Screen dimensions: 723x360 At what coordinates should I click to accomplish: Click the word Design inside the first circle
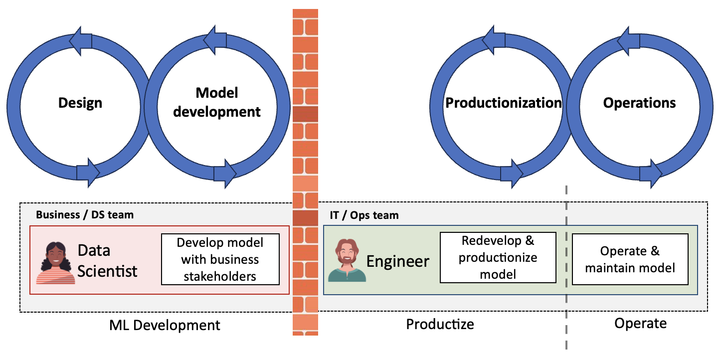click(80, 103)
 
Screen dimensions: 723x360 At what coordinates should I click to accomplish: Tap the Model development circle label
click(217, 102)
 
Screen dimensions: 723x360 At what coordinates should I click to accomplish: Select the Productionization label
click(503, 103)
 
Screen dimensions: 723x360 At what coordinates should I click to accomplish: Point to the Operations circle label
click(639, 103)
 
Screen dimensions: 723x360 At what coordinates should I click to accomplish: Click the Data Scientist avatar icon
click(55, 263)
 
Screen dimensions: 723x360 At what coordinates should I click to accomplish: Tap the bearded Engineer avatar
click(347, 260)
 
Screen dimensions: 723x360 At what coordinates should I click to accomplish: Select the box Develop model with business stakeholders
click(220, 259)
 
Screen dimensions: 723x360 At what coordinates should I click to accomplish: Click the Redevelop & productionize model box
click(498, 257)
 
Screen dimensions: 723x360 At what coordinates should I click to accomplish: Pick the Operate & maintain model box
click(630, 259)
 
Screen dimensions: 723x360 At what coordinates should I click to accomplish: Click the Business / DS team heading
click(85, 215)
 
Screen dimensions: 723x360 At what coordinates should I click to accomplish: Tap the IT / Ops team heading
click(364, 215)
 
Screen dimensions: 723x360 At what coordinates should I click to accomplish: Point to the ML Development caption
click(165, 325)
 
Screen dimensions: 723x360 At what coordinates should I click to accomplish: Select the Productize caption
click(440, 324)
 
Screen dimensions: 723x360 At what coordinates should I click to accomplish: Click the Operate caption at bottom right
click(640, 324)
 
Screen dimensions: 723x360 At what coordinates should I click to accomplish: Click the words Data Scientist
click(108, 261)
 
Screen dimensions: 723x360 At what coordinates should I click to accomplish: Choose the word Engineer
click(398, 261)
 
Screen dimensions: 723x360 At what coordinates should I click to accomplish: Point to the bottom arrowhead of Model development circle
click(225, 174)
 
